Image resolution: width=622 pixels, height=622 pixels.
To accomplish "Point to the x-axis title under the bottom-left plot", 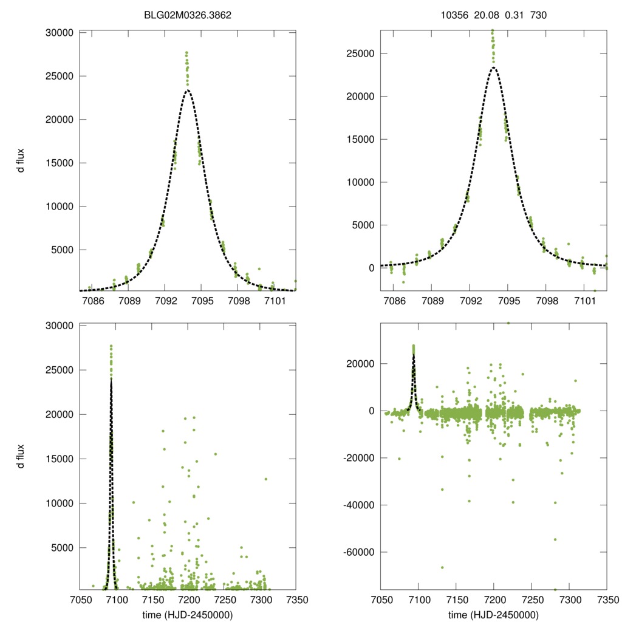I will (x=188, y=615).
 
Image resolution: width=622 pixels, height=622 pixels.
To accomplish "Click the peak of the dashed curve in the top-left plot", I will (x=188, y=91).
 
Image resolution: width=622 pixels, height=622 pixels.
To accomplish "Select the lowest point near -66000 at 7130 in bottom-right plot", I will (x=442, y=567).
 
